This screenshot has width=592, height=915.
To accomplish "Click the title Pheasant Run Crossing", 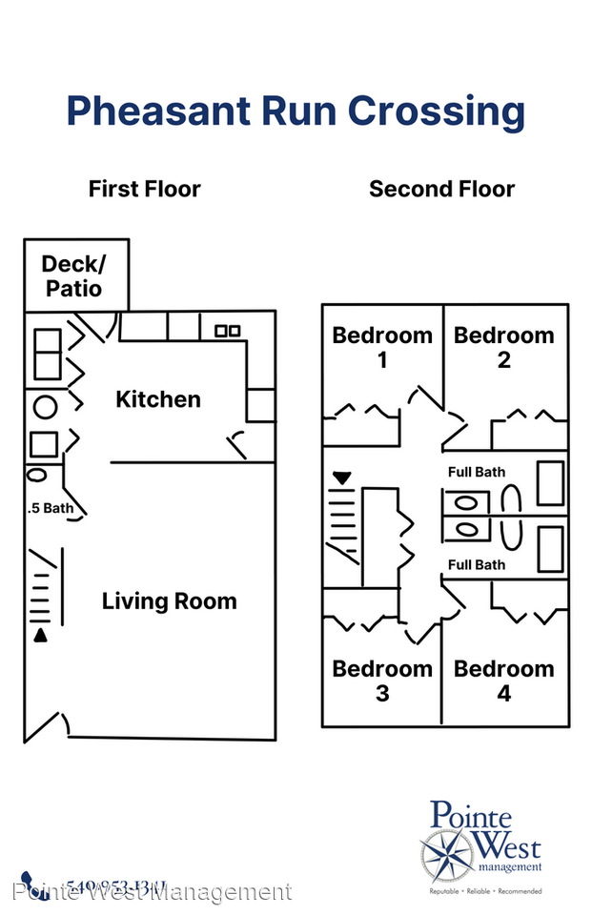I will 296,112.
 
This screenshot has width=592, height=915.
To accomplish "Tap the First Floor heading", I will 145,189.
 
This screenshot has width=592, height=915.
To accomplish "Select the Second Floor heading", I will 441,189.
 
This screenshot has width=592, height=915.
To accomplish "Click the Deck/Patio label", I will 71,275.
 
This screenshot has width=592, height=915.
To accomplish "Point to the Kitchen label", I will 158,398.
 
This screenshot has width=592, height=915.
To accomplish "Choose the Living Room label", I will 169,600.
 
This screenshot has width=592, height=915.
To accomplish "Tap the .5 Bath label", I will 51,508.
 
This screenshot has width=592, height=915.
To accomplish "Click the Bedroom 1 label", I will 382,347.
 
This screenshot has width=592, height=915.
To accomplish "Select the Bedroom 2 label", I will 503,347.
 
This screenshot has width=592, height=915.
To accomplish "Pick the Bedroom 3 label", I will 382,681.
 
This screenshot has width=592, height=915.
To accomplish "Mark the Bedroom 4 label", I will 503,681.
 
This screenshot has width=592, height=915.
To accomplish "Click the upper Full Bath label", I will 477,472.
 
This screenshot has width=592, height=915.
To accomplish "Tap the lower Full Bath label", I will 477,564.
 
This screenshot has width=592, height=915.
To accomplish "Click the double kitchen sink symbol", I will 227,331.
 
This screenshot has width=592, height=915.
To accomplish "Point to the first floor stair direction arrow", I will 40,635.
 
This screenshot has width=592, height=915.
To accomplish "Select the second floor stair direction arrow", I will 341,477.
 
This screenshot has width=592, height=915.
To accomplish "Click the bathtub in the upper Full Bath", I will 549,483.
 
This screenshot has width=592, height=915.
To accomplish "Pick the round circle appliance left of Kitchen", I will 45,407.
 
